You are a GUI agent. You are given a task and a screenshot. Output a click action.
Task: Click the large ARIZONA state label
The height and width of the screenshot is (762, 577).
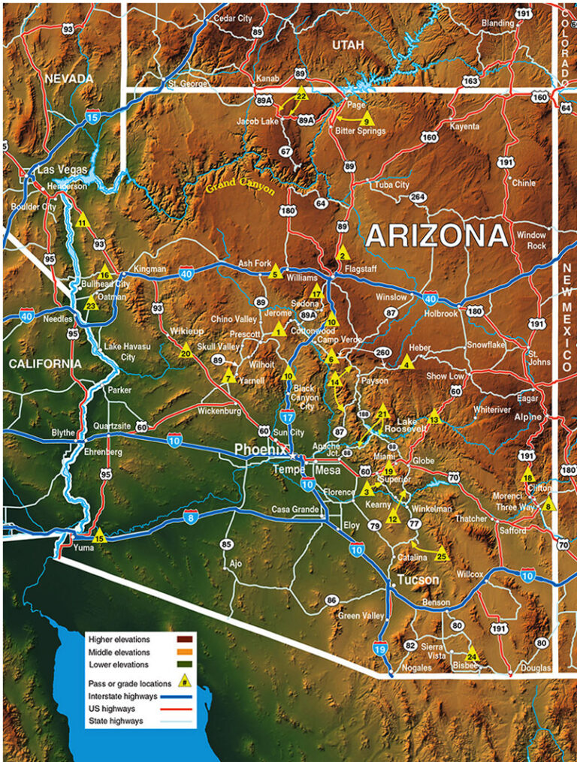[x=437, y=236]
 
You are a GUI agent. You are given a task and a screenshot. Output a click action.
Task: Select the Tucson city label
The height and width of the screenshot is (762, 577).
[x=418, y=580]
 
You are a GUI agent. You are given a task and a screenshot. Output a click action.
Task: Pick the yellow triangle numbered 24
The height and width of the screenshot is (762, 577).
[x=472, y=653]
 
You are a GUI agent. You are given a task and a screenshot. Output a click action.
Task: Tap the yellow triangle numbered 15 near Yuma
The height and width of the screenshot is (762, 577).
[x=99, y=535]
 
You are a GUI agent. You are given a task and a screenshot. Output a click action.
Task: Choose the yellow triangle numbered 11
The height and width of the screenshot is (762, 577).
[x=83, y=220]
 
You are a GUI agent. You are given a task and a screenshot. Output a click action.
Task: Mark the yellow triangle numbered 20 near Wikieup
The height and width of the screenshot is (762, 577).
[x=186, y=349]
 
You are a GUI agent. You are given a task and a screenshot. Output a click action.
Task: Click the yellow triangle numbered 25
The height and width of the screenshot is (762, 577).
[x=441, y=556]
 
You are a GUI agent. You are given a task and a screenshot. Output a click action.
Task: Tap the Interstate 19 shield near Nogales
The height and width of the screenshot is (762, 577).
[x=379, y=647]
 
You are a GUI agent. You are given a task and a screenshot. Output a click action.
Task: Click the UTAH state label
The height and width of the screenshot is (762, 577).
[x=348, y=45]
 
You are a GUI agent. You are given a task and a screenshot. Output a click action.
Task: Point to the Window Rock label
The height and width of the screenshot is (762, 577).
[x=531, y=240]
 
